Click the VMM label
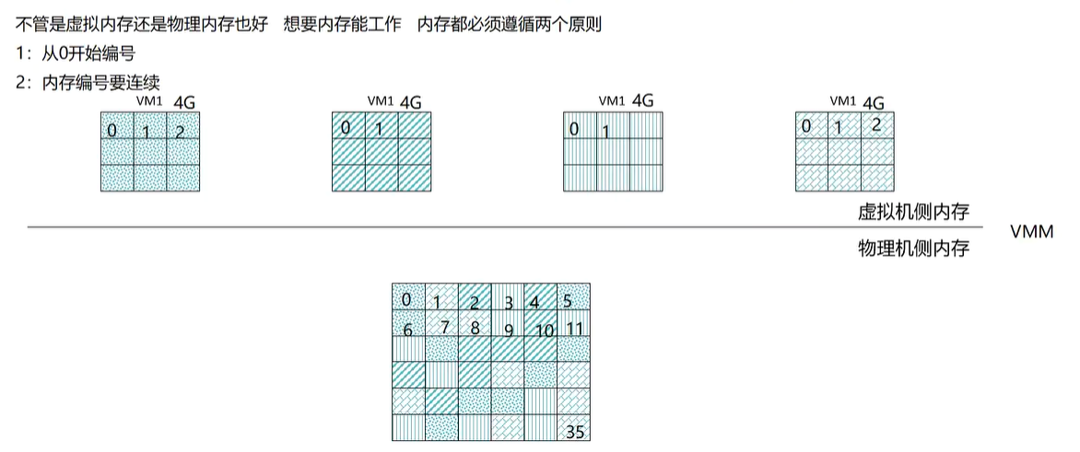(1031, 233)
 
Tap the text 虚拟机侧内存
(913, 213)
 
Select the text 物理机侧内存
(913, 249)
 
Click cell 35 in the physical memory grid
(573, 429)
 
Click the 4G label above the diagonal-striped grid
(410, 101)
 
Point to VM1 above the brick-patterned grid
(843, 100)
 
